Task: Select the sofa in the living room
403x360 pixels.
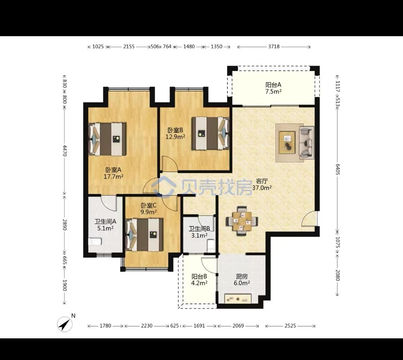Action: tap(306, 143)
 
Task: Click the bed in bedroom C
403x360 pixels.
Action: tap(144, 235)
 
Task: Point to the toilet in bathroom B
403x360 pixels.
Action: tap(210, 245)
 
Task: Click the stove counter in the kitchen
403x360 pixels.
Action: tap(238, 298)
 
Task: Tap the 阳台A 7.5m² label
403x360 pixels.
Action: tap(273, 88)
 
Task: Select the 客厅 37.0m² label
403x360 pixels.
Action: tap(262, 184)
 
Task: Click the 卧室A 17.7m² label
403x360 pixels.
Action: tap(113, 173)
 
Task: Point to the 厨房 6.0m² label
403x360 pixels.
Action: tap(242, 279)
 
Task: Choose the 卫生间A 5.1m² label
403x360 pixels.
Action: tap(105, 225)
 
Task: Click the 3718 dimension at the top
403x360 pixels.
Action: tap(274, 47)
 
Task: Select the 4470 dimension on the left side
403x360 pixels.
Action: tap(65, 151)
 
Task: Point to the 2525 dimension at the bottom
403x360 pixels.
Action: tap(290, 326)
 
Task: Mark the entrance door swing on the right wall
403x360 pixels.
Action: tap(309, 219)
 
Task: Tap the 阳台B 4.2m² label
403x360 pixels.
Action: tap(199, 279)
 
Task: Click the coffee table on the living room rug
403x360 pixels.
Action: tap(287, 143)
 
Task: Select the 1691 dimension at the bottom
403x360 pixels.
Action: tap(199, 326)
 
